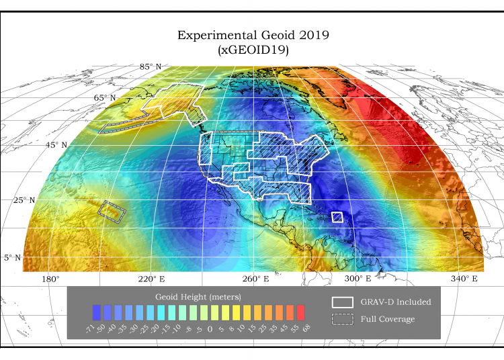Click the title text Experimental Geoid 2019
pyautogui.click(x=253, y=35)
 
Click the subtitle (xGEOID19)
pyautogui.click(x=253, y=50)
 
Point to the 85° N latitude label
pyautogui.click(x=150, y=66)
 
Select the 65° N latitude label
pyautogui.click(x=104, y=98)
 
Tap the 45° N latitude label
pyautogui.click(x=56, y=145)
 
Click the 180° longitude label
pyautogui.click(x=51, y=279)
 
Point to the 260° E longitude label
pyautogui.click(x=256, y=279)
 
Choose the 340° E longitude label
pyautogui.click(x=464, y=279)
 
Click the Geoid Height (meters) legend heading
pyautogui.click(x=198, y=296)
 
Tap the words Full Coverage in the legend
pyautogui.click(x=388, y=319)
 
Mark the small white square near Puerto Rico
pyautogui.click(x=337, y=217)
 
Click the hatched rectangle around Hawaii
pyautogui.click(x=113, y=212)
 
